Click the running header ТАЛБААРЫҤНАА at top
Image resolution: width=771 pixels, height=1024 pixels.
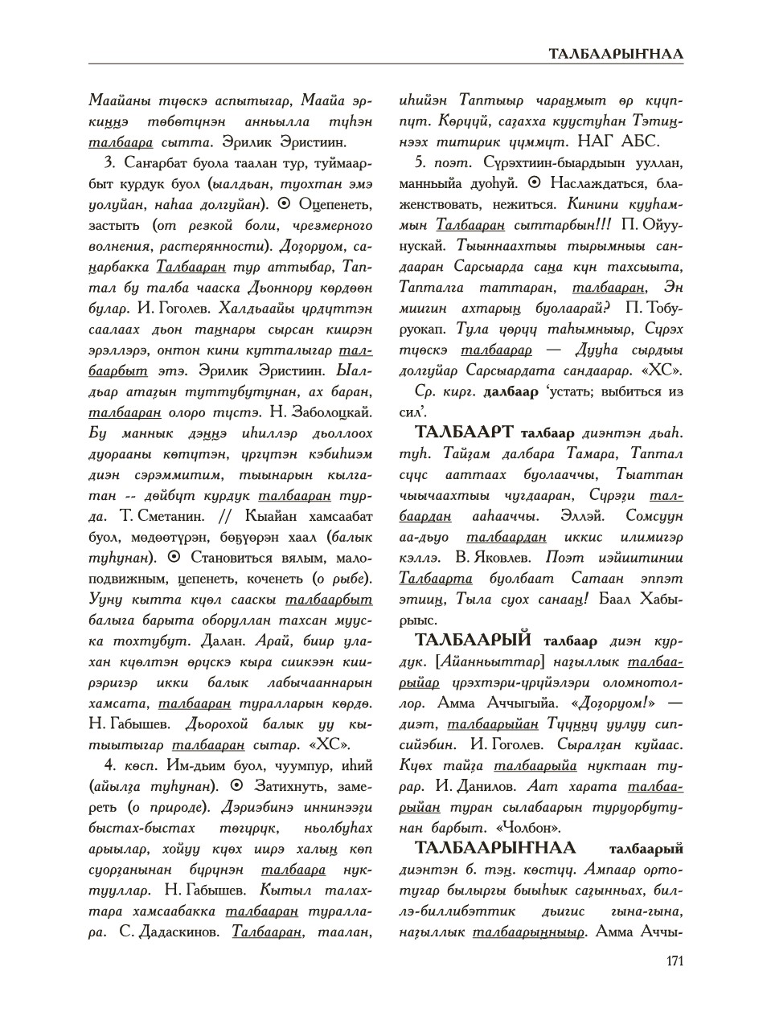[616, 55]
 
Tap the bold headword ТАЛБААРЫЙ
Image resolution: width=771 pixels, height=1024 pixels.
[473, 641]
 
